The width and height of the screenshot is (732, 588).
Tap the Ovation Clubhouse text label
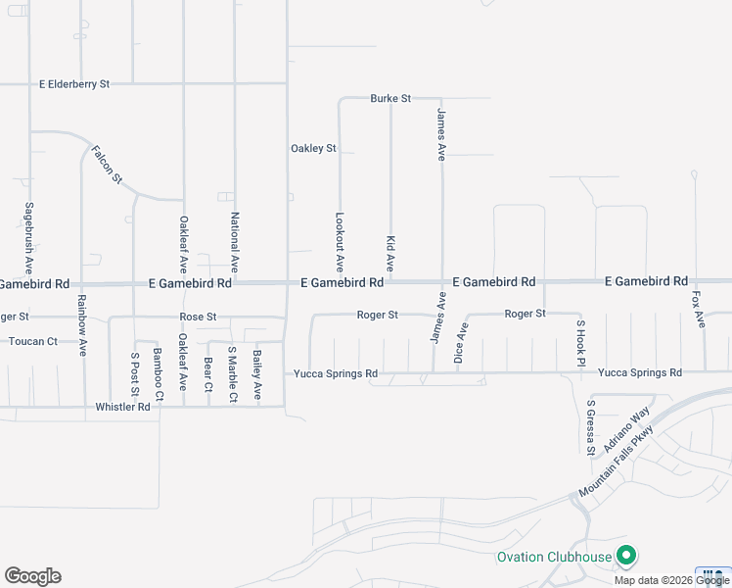tap(554, 558)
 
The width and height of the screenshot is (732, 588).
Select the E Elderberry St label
tap(74, 85)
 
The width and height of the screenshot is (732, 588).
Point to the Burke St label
tap(390, 99)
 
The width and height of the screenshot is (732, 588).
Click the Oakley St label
tap(313, 149)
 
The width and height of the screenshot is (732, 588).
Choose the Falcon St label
tap(108, 164)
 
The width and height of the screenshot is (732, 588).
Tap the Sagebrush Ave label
tap(29, 238)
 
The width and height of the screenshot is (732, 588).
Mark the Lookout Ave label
tap(340, 242)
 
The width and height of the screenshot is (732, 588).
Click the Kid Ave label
tap(390, 253)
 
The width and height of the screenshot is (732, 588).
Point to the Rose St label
tap(198, 318)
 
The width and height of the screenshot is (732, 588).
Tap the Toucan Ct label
tap(33, 342)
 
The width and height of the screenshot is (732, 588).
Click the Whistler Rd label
tap(122, 407)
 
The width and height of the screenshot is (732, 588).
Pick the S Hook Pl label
tap(580, 343)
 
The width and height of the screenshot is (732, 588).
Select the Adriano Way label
tap(626, 431)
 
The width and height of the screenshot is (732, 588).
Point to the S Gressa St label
tap(590, 427)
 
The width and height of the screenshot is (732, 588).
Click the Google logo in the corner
tap(32, 576)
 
